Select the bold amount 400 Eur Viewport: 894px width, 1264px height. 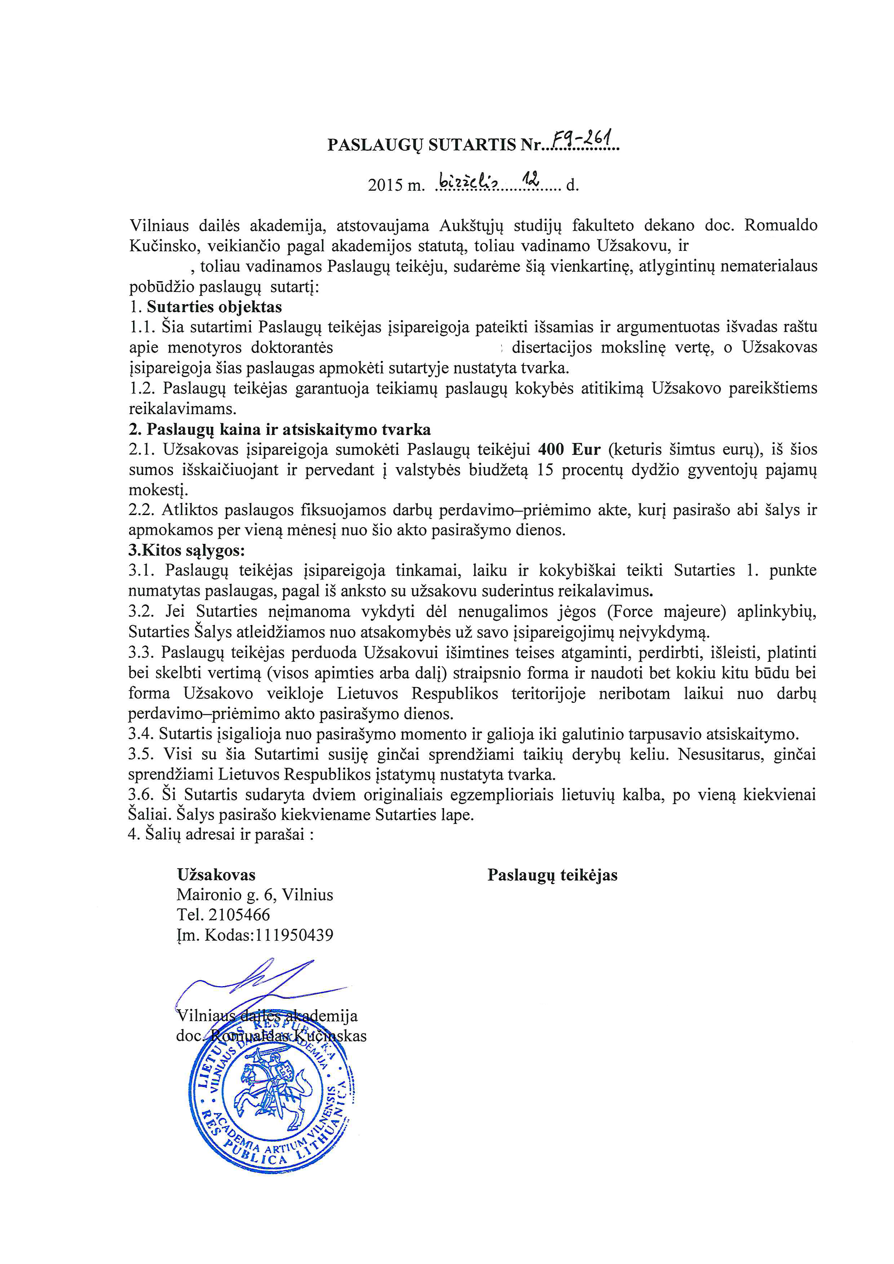(x=569, y=450)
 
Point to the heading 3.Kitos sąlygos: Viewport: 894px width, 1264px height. (x=187, y=550)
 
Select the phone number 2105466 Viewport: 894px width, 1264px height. (x=239, y=915)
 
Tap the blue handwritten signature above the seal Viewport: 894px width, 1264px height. (x=259, y=985)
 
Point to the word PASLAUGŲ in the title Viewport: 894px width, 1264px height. (x=375, y=145)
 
